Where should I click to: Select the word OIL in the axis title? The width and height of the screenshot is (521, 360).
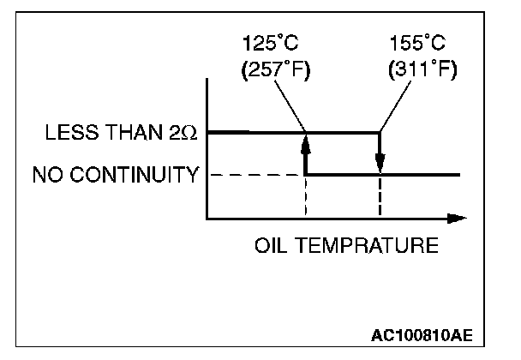tap(270, 246)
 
